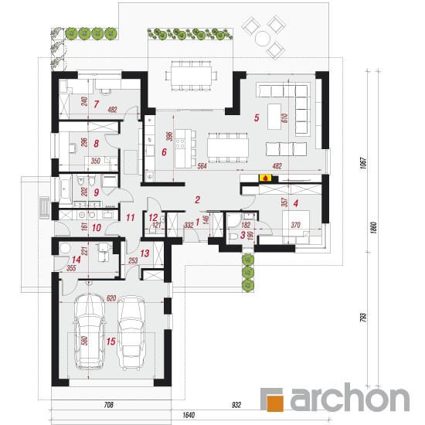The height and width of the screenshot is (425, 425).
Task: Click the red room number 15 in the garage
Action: (110, 342)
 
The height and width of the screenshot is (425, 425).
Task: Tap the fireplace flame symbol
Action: (265, 178)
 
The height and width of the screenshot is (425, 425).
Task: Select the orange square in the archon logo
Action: (275, 403)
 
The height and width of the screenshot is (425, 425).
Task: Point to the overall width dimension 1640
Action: (189, 415)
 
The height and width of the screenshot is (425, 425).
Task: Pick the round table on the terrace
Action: (263, 38)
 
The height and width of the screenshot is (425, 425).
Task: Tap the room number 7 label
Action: (97, 104)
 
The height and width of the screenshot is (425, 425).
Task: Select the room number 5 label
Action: (257, 117)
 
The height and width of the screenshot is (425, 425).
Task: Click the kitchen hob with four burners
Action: (180, 144)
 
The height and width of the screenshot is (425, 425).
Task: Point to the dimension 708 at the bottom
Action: (108, 405)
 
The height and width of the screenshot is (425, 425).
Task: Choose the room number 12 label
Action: (153, 217)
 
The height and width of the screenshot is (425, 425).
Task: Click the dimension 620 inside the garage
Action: (111, 298)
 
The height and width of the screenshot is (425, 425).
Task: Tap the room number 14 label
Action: (76, 260)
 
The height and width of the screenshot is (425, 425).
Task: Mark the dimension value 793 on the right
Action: (363, 317)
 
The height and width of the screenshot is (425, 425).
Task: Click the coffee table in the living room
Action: (274, 117)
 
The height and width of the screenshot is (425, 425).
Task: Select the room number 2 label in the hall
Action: (197, 200)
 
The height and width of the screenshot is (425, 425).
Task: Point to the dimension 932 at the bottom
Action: (236, 405)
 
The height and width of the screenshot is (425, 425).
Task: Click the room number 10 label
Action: (97, 228)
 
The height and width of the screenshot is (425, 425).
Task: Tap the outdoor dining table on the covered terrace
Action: (191, 76)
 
